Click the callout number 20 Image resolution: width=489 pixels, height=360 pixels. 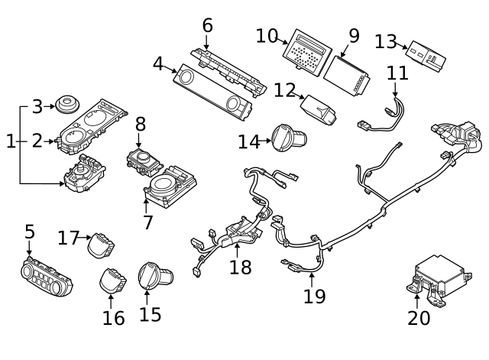coord(419,317)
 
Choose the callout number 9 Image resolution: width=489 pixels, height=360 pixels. coord(353,35)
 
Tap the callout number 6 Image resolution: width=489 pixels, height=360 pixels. coord(207,25)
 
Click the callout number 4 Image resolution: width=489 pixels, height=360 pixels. coord(158,63)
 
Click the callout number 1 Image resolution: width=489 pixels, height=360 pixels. coord(10,141)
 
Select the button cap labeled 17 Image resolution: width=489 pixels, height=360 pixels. coord(101,246)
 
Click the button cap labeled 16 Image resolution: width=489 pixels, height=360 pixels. coord(112,280)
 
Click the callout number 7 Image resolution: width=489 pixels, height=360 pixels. coord(148,222)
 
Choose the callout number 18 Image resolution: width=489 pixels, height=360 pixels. coord(240,267)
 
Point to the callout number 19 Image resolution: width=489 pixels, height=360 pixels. coord(314,295)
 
